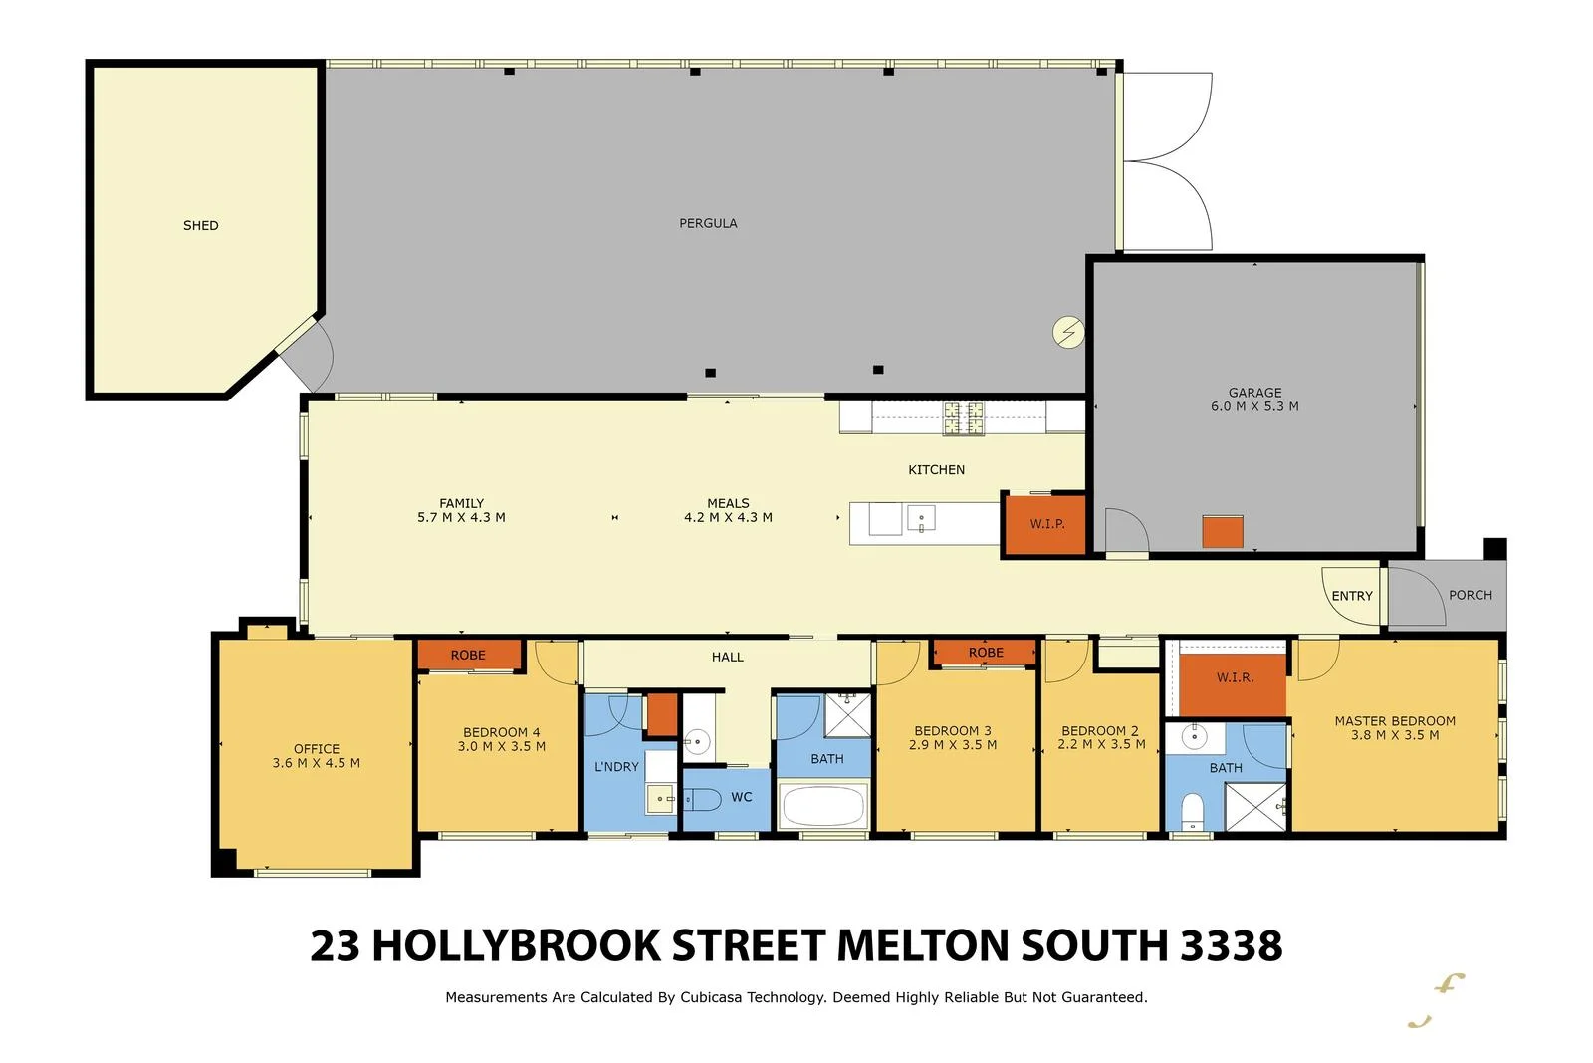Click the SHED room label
click(200, 225)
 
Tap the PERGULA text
click(708, 223)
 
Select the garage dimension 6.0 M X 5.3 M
click(1254, 406)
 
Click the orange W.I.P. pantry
click(1046, 523)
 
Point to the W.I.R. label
click(1235, 677)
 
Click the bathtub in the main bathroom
click(822, 806)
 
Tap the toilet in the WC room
click(702, 799)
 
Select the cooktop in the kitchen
click(963, 418)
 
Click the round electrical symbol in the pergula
click(1069, 332)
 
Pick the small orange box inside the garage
click(1222, 531)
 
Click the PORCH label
click(1470, 595)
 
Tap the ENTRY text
click(1352, 596)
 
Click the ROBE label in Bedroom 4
click(468, 655)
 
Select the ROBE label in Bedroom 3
click(986, 653)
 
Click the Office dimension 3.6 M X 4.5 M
click(316, 763)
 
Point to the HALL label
click(728, 657)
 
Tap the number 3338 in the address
click(1232, 945)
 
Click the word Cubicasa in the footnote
click(711, 997)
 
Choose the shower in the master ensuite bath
click(1255, 807)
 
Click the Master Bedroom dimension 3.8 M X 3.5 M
click(1395, 735)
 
